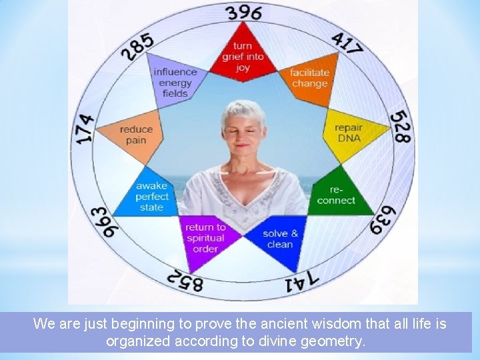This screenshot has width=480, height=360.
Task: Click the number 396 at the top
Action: (x=243, y=13)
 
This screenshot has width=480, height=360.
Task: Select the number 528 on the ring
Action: (x=401, y=127)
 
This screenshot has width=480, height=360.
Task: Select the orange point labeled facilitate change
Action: (x=309, y=79)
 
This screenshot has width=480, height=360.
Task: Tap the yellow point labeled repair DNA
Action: (x=349, y=133)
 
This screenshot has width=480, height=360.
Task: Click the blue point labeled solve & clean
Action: (x=280, y=238)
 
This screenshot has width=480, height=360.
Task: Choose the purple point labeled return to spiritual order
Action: (x=205, y=238)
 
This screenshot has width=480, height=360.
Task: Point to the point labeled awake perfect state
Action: (x=151, y=197)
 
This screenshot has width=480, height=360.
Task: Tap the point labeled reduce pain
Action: (x=136, y=135)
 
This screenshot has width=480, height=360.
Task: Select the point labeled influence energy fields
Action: (x=175, y=81)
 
